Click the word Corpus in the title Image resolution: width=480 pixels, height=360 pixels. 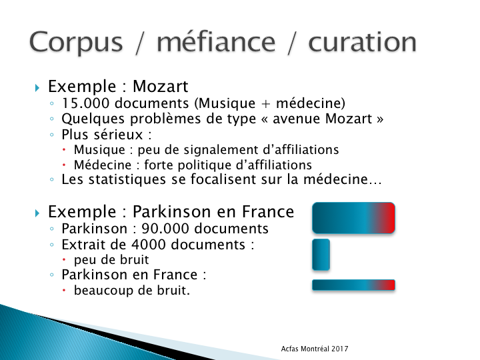click(76, 42)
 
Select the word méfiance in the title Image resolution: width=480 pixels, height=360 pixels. click(216, 41)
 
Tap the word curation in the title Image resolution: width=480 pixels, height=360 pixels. click(362, 41)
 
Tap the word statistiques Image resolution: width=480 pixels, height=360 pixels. click(127, 179)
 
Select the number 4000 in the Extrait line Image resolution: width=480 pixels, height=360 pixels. click(149, 245)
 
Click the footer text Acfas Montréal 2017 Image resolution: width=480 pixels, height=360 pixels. click(315, 349)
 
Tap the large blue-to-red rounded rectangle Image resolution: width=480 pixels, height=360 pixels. click(353, 218)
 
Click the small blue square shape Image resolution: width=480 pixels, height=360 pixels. click(321, 255)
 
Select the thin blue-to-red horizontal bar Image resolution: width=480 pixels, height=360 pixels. click(353, 285)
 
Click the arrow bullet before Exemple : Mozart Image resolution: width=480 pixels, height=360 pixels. click(37, 88)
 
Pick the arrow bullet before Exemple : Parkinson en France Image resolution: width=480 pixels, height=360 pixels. click(37, 213)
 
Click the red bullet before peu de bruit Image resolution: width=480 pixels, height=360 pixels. click(64, 259)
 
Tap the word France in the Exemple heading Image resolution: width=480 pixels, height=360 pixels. click(268, 212)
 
